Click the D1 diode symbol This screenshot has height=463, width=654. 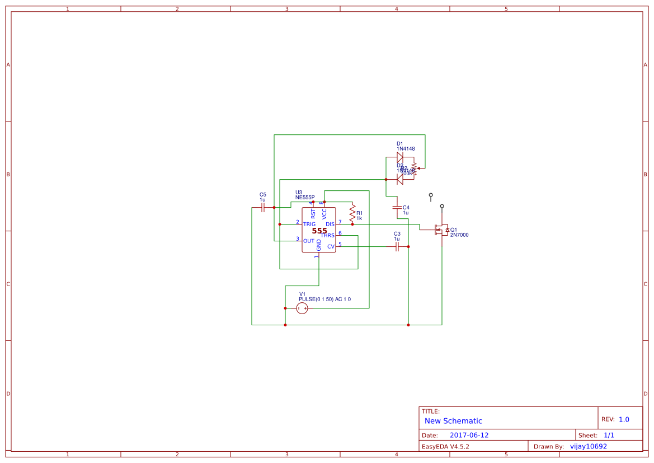400,157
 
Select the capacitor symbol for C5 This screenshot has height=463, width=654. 263,207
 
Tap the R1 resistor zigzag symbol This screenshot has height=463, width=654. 352,213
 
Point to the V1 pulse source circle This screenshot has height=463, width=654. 302,308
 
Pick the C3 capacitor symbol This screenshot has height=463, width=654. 397,246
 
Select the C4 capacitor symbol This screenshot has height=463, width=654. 397,207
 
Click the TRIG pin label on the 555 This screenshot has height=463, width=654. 309,224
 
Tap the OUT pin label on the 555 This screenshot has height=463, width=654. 309,241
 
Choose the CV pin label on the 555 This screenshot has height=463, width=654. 331,246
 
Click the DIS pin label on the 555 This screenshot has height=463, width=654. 330,224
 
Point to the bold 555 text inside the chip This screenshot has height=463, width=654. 319,231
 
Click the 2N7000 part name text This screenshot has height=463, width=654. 459,235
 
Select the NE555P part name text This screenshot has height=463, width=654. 305,198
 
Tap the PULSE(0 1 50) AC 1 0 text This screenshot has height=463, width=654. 324,300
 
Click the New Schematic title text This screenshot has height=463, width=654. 453,421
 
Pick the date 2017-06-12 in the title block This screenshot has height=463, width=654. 469,435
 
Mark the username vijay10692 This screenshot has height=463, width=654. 588,446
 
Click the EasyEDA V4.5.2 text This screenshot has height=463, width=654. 445,447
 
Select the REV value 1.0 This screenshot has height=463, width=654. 624,419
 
